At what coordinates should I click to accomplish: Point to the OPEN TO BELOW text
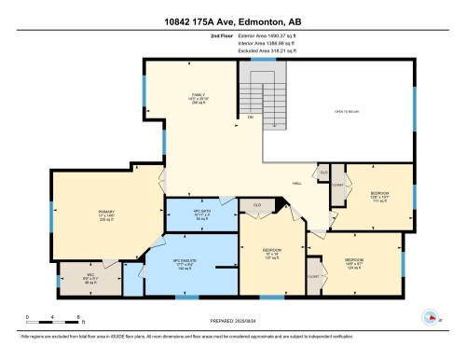pos(347,112)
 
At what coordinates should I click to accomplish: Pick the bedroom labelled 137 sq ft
pos(271,253)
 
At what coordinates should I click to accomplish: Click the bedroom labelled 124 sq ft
pos(353,262)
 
